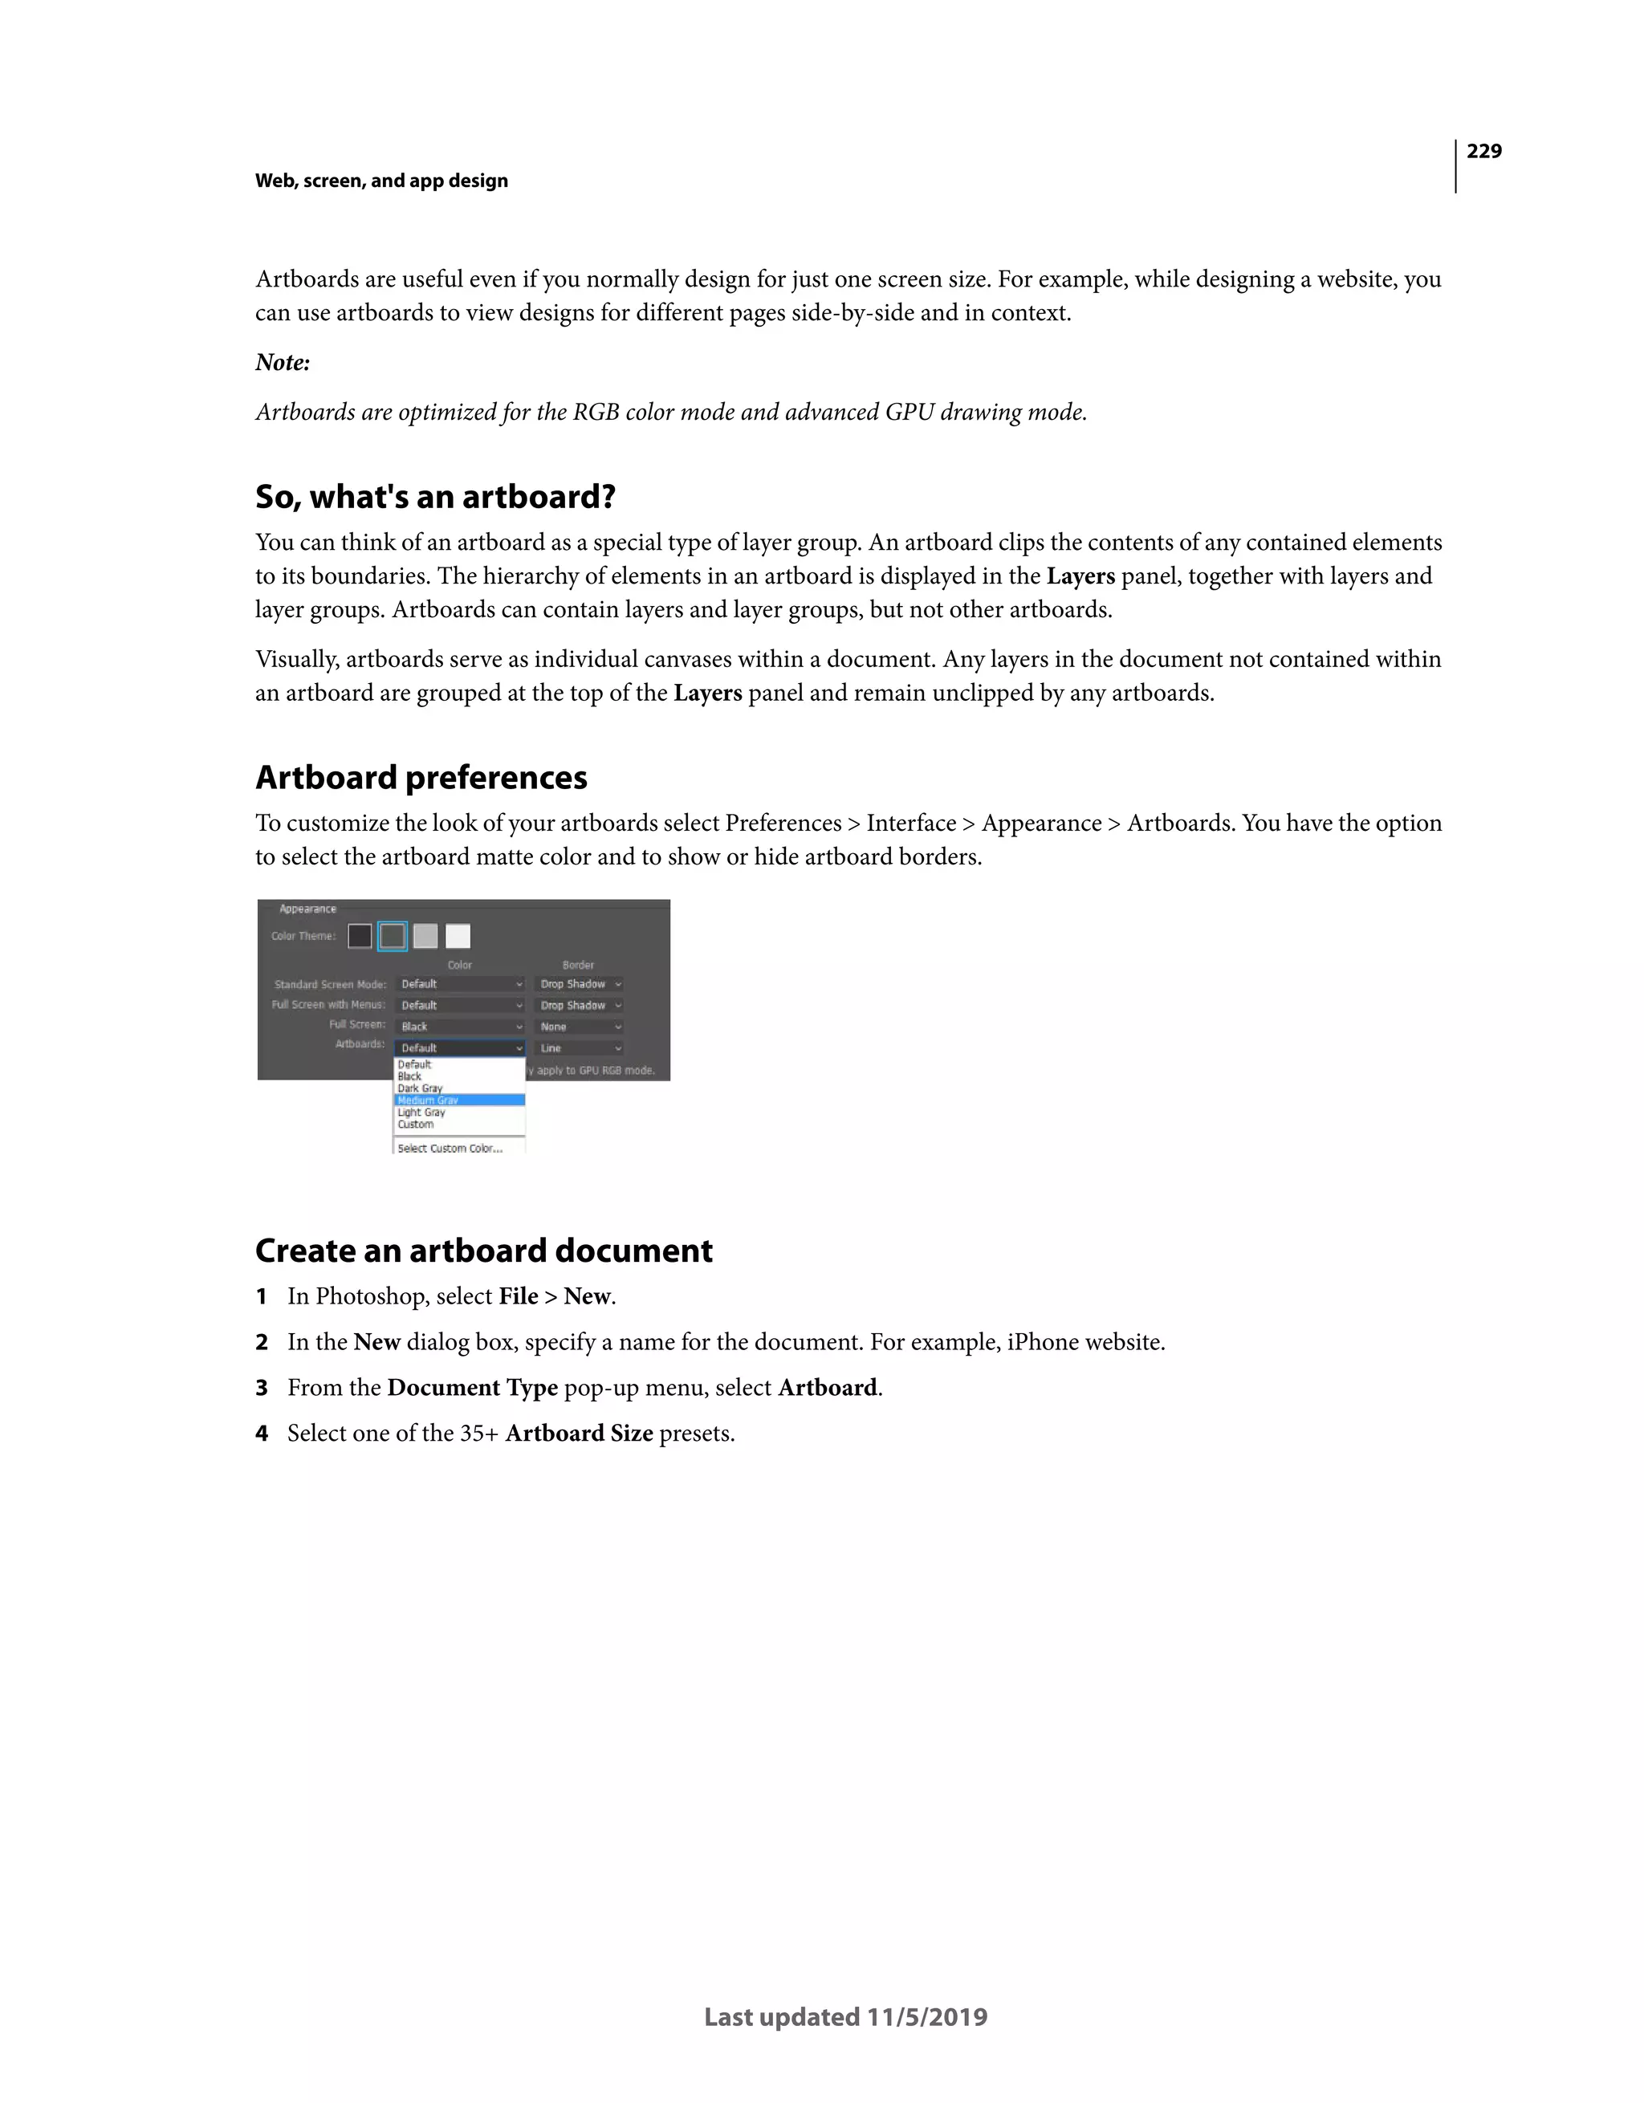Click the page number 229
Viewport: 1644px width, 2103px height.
(1483, 151)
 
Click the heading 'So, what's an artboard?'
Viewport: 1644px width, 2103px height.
(435, 497)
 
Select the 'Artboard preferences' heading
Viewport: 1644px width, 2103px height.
(421, 777)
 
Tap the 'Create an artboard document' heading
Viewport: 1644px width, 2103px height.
(483, 1250)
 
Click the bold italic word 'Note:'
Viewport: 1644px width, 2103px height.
(283, 362)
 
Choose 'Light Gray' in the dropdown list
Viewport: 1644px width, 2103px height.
(421, 1113)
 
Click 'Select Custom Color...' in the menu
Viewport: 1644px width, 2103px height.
(450, 1148)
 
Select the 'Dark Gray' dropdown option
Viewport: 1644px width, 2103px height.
(420, 1088)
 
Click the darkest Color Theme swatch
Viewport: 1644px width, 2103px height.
(360, 936)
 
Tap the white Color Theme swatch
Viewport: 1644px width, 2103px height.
(458, 936)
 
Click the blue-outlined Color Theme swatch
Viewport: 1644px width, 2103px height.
(392, 936)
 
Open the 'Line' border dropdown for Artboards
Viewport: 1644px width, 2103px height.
(580, 1047)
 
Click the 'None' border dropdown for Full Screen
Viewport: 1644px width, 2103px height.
(580, 1027)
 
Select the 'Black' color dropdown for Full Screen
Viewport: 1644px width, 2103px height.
(460, 1027)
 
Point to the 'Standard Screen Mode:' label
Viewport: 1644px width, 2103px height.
(329, 984)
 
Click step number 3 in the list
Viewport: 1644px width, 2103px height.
(261, 1388)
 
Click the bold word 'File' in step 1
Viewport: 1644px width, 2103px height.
(518, 1296)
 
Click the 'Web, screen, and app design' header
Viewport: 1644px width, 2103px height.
(381, 181)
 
